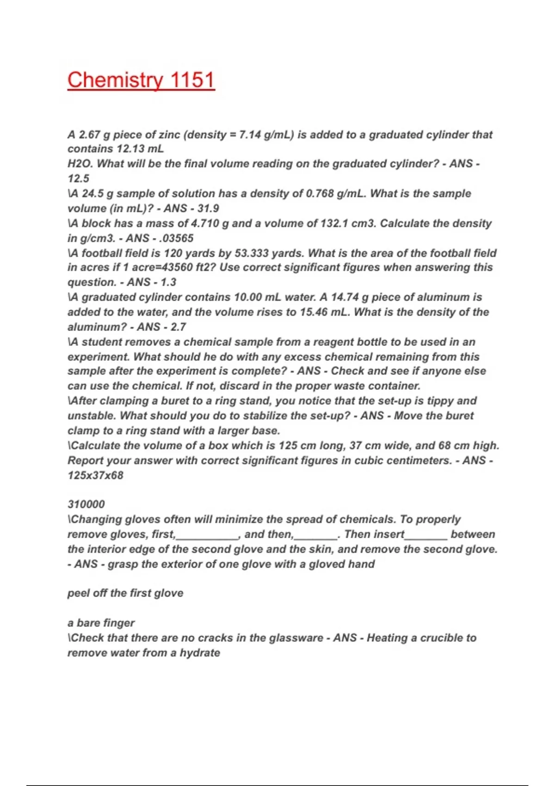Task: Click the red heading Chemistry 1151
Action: coord(141,80)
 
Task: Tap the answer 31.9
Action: coord(208,208)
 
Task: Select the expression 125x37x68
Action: coord(95,475)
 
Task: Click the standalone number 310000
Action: coord(86,504)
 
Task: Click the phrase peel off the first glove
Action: coord(125,593)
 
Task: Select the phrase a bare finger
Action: coord(101,623)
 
